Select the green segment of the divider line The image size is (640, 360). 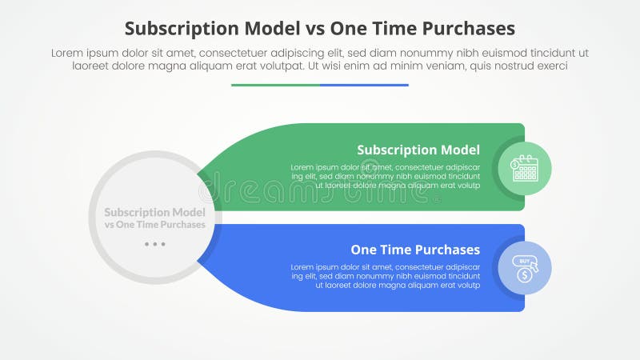[x=275, y=85]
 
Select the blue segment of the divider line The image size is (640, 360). [x=364, y=85]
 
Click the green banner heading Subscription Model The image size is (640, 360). [x=418, y=150]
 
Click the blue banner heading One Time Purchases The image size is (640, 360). [x=415, y=250]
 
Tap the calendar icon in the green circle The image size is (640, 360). [x=525, y=168]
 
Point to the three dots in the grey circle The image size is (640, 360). [x=154, y=244]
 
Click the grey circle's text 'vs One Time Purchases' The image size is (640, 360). [x=154, y=225]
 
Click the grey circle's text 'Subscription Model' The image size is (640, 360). [x=154, y=212]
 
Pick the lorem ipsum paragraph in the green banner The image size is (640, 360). [x=385, y=176]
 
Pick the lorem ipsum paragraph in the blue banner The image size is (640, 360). [x=385, y=276]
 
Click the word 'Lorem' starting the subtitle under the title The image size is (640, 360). [x=68, y=52]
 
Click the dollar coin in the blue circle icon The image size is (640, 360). [x=523, y=274]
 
